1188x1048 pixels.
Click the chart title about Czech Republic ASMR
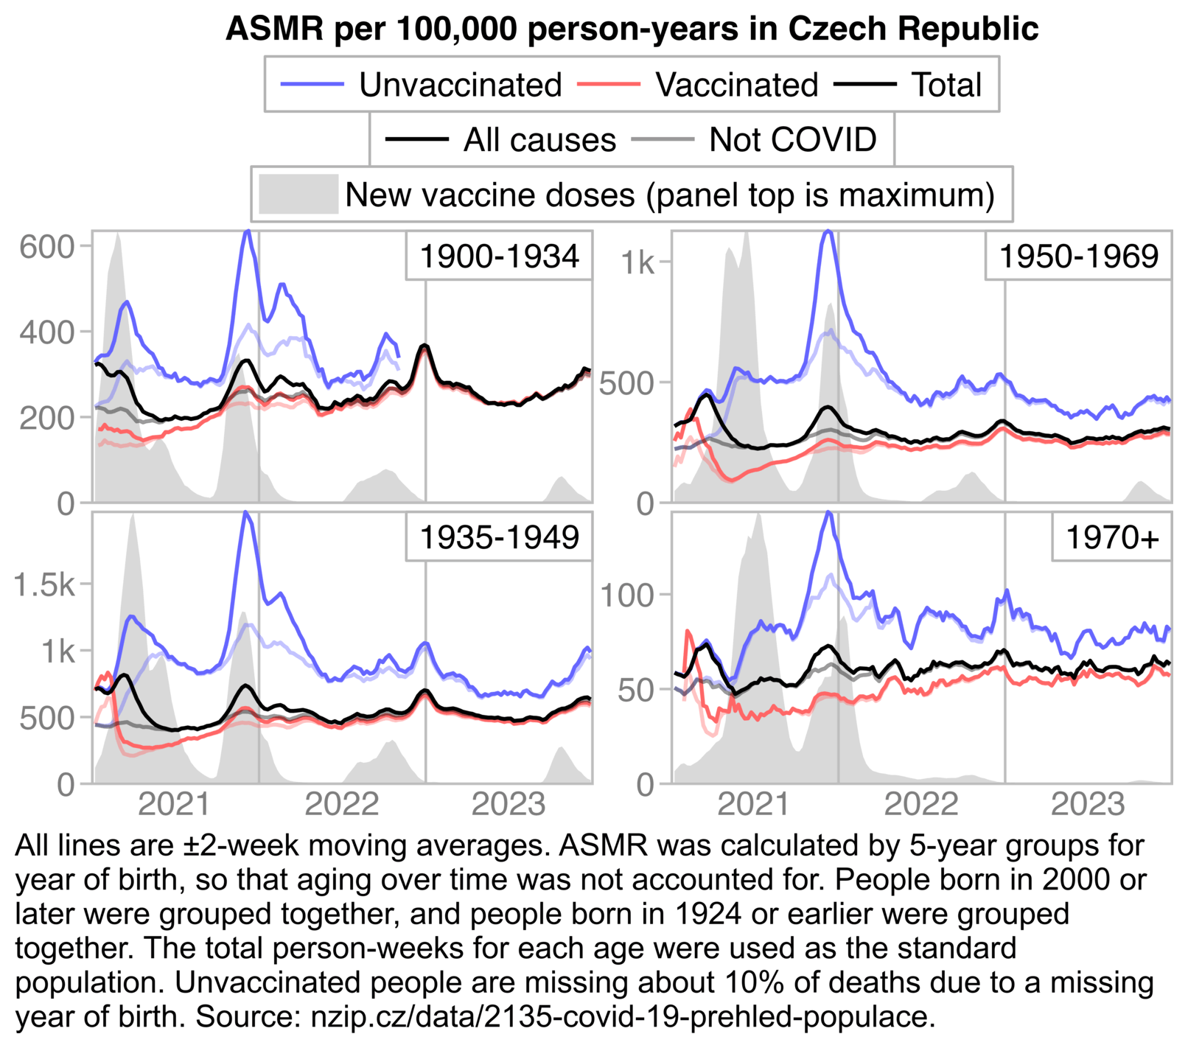coord(632,29)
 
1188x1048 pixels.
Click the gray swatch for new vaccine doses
coord(298,195)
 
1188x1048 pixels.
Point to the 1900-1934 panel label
coord(499,256)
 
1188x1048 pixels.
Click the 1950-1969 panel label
coord(1078,256)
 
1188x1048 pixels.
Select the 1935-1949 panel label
coord(499,537)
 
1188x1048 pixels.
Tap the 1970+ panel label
coord(1112,537)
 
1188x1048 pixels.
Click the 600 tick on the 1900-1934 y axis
coord(47,247)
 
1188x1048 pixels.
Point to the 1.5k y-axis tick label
coord(44,584)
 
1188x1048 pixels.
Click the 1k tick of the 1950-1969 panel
coord(637,262)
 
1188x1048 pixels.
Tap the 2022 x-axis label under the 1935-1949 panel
coord(341,803)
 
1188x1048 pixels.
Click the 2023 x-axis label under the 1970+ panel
coord(1087,803)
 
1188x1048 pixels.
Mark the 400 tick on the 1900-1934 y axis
coord(47,332)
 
